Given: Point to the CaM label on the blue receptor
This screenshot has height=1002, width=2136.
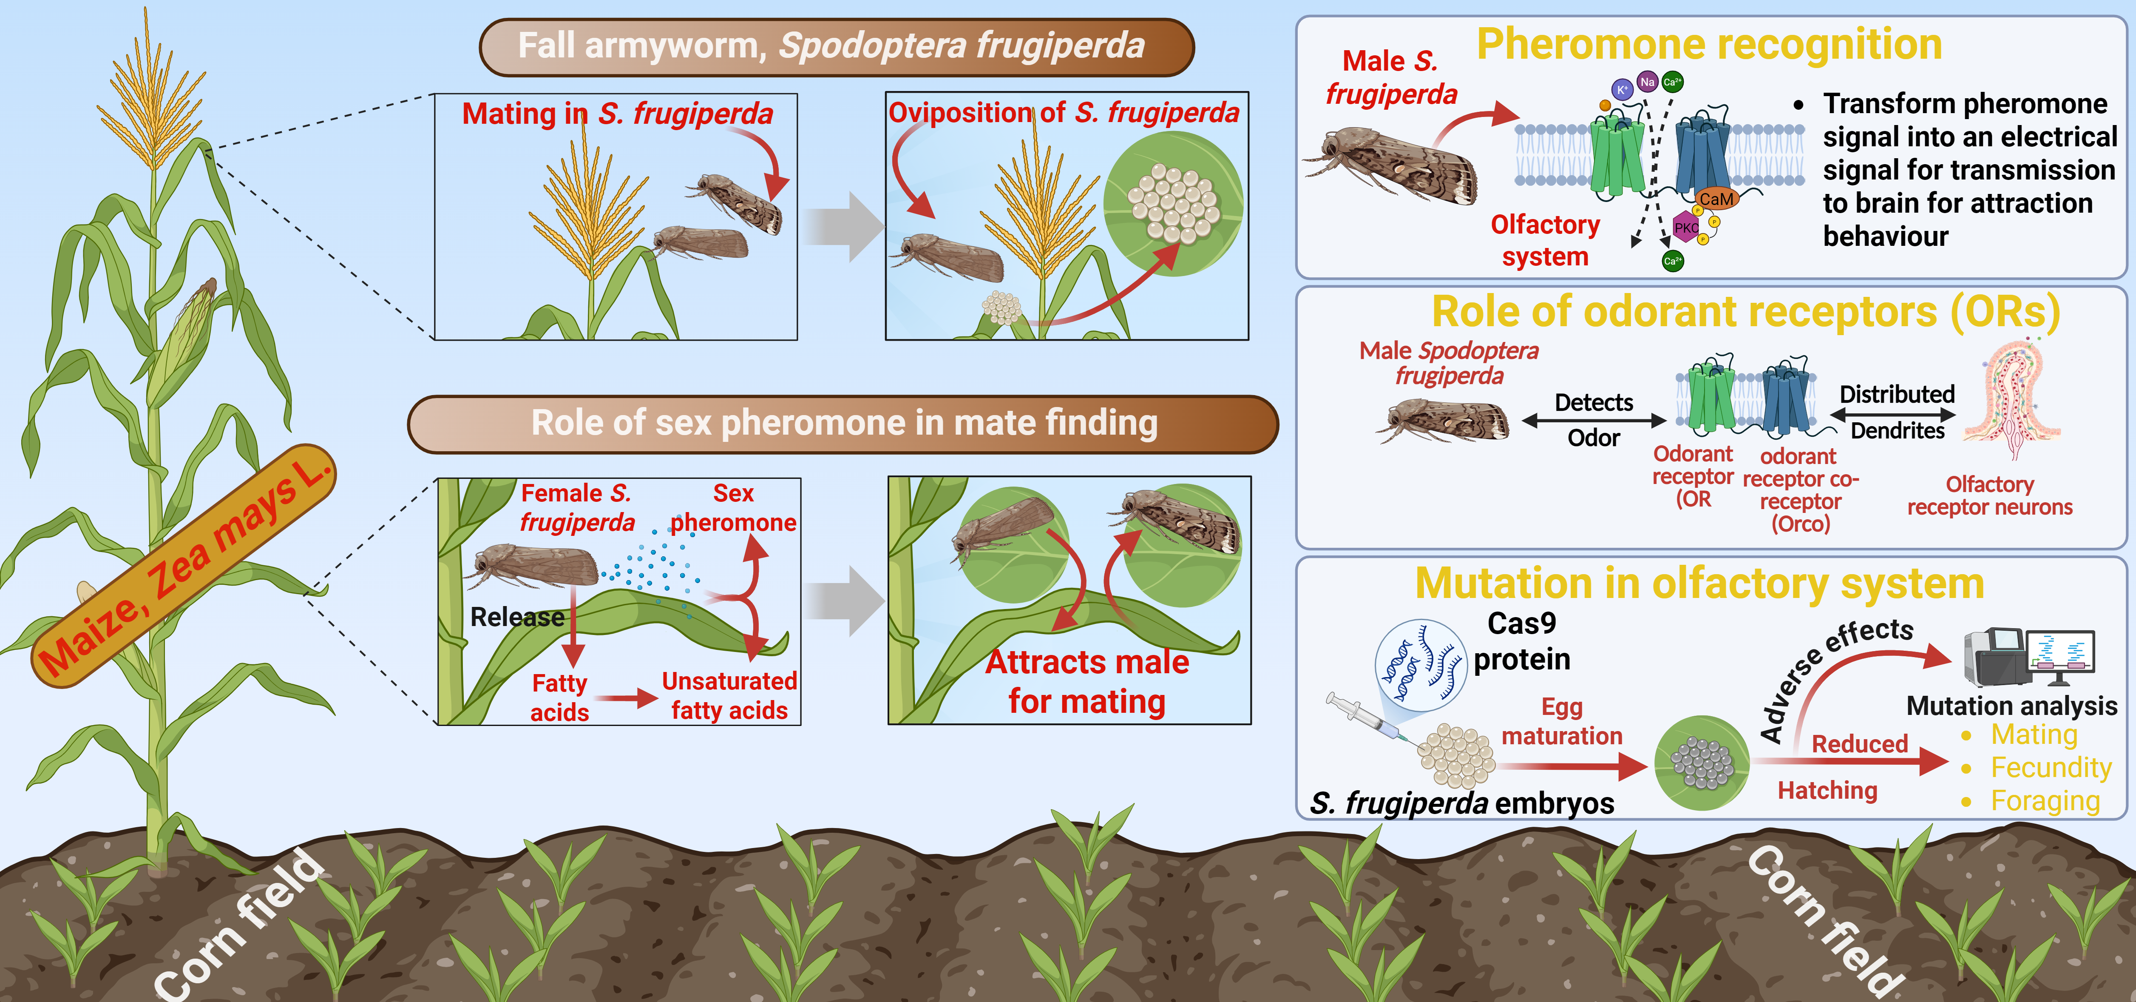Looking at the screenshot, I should pos(1715,199).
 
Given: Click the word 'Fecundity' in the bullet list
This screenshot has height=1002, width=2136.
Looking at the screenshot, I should pos(2051,768).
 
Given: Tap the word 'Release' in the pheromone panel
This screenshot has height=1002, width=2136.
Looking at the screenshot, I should pos(516,617).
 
